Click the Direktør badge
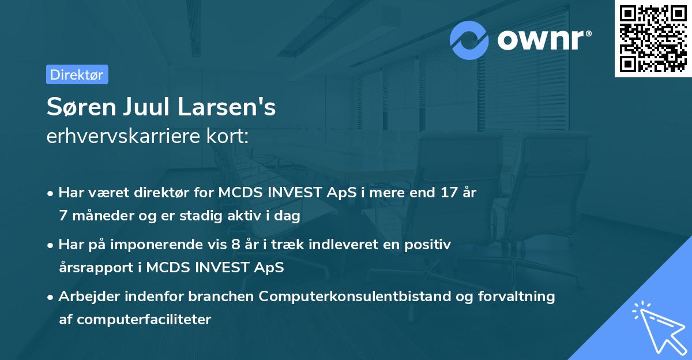click(77, 74)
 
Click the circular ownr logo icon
click(469, 40)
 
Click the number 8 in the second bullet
click(235, 245)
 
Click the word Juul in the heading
click(151, 108)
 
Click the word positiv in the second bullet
click(428, 245)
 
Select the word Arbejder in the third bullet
click(85, 297)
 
